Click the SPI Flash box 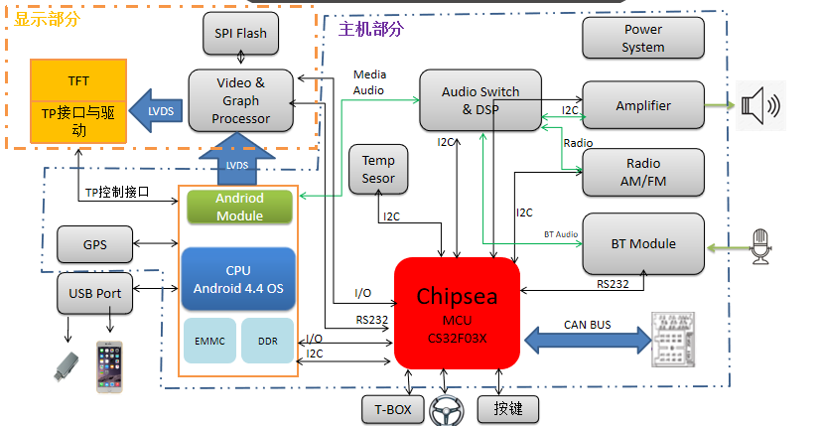[240, 34]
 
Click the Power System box [642, 38]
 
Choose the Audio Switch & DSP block [480, 99]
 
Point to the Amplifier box [642, 105]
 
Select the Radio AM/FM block [642, 172]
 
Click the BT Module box [642, 243]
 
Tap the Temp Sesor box [378, 169]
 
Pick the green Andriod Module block [240, 207]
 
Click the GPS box [95, 243]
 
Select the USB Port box [95, 293]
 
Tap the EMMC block [210, 341]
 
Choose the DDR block [268, 341]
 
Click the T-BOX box [392, 408]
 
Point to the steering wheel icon [447, 409]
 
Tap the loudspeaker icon [760, 104]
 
